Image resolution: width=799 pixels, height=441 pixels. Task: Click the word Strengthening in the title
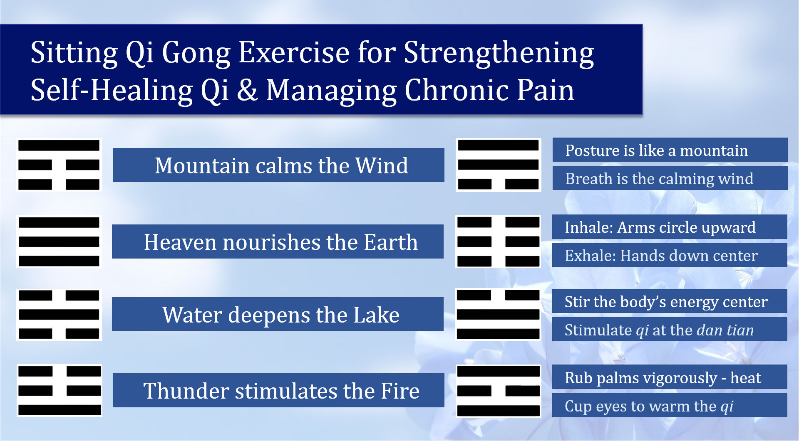tap(499, 53)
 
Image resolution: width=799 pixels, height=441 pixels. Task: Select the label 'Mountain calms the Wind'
tap(281, 165)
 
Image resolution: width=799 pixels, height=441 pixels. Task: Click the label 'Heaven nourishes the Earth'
tap(280, 242)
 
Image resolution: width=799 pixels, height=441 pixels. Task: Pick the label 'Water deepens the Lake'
tap(281, 315)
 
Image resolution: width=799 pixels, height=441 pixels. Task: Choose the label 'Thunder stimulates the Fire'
tap(281, 391)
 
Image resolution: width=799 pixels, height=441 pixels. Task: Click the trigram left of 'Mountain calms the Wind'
tap(59, 165)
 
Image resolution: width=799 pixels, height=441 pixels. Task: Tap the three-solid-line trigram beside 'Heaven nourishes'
tap(59, 241)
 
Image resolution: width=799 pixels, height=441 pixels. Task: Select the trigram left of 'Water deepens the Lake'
tap(59, 315)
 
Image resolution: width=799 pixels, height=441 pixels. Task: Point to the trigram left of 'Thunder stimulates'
tap(60, 390)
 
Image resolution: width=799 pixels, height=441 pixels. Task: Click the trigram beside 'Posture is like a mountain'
tap(498, 165)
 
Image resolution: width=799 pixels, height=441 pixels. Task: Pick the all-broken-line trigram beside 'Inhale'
tap(498, 241)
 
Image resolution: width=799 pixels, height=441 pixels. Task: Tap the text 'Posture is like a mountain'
tap(656, 150)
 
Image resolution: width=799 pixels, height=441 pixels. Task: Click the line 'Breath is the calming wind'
tap(659, 179)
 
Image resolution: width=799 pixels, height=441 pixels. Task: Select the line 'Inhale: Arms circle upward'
tap(660, 227)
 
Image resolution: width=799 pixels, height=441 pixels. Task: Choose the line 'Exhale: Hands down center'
tap(661, 256)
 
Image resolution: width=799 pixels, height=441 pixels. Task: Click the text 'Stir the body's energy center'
tap(666, 302)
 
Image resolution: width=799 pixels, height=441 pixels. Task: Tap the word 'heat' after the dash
tap(746, 378)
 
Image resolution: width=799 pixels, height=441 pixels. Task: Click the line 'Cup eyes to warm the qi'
tap(649, 407)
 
